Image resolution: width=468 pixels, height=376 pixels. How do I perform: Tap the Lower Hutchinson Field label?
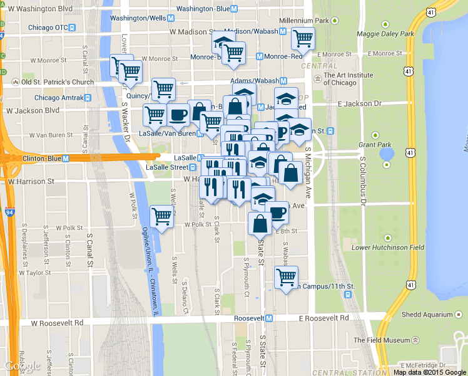[x=388, y=248]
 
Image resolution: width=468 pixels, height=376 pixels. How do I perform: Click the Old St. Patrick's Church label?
[x=58, y=82]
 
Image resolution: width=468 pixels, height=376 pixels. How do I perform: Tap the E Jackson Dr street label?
[x=359, y=103]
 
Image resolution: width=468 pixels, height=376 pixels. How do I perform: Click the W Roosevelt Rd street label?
[x=57, y=323]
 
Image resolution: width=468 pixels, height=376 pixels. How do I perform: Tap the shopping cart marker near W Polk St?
[x=162, y=217]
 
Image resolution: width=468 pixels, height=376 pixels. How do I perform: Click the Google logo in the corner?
[x=23, y=366]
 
